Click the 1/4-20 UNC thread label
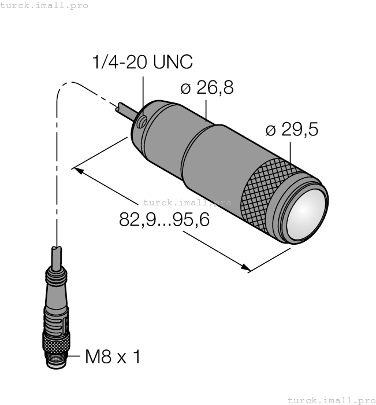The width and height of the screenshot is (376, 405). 142,62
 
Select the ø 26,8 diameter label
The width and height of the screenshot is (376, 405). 207,87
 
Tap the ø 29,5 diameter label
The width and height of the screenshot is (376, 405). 292,129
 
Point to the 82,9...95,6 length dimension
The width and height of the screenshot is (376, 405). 164,220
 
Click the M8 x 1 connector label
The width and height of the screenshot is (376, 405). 113,357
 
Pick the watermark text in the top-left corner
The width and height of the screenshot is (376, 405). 44,5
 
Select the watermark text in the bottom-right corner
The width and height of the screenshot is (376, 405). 332,400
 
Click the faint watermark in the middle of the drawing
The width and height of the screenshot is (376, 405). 187,203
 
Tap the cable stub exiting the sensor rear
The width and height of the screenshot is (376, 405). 126,112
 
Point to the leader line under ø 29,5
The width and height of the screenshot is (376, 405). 291,152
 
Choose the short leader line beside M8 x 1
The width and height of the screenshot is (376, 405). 74,356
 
